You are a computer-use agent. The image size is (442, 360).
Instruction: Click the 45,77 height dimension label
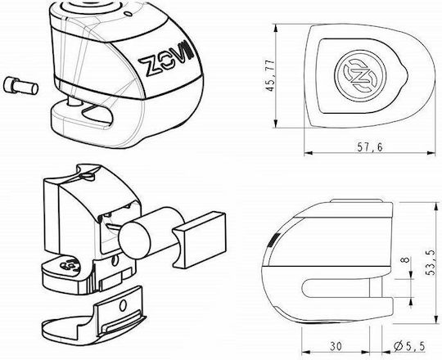(270, 75)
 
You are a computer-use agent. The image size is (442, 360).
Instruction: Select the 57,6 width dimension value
(370, 147)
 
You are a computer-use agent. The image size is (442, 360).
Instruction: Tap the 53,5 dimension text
(431, 263)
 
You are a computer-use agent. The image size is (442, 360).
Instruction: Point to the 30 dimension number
(336, 346)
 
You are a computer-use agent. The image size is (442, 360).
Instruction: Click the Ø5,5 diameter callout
(409, 346)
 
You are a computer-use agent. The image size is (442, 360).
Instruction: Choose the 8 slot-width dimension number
(405, 259)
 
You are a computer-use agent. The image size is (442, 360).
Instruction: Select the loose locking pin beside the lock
(20, 86)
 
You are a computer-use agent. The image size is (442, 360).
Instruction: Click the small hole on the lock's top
(129, 13)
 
